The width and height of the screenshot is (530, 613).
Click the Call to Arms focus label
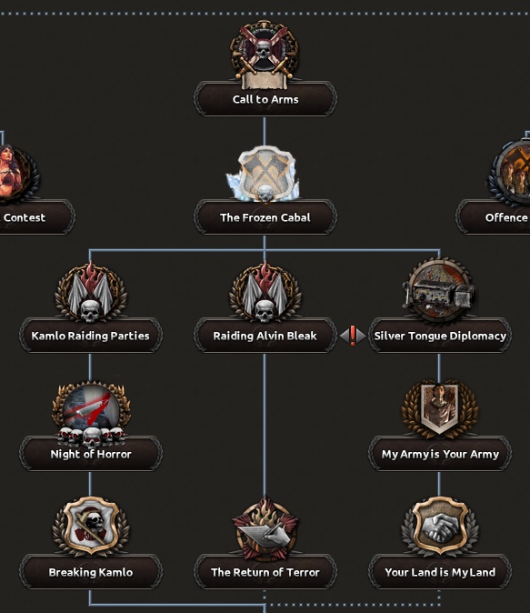pyautogui.click(x=265, y=99)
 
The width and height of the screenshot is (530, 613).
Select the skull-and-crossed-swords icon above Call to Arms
pyautogui.click(x=265, y=54)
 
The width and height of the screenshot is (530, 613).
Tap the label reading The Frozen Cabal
pyautogui.click(x=265, y=217)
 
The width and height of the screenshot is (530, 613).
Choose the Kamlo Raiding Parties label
pyautogui.click(x=90, y=336)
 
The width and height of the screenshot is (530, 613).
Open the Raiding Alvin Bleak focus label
pyautogui.click(x=265, y=336)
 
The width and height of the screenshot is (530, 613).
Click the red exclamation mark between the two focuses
pyautogui.click(x=353, y=336)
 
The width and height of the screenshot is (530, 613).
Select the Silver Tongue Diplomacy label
pyautogui.click(x=440, y=336)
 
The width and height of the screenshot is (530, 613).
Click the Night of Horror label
pyautogui.click(x=91, y=454)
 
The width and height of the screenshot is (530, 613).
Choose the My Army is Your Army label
pyautogui.click(x=440, y=454)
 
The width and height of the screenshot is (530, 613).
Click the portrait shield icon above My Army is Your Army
pyautogui.click(x=440, y=409)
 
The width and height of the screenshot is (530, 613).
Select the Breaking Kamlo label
pyautogui.click(x=91, y=572)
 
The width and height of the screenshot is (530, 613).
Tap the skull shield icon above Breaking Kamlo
pyautogui.click(x=91, y=527)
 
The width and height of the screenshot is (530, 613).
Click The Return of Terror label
pyautogui.click(x=265, y=572)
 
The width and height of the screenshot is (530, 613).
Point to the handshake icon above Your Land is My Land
pyautogui.click(x=440, y=527)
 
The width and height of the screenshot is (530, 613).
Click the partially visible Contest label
pyautogui.click(x=25, y=217)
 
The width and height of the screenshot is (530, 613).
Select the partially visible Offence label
pyautogui.click(x=506, y=217)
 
